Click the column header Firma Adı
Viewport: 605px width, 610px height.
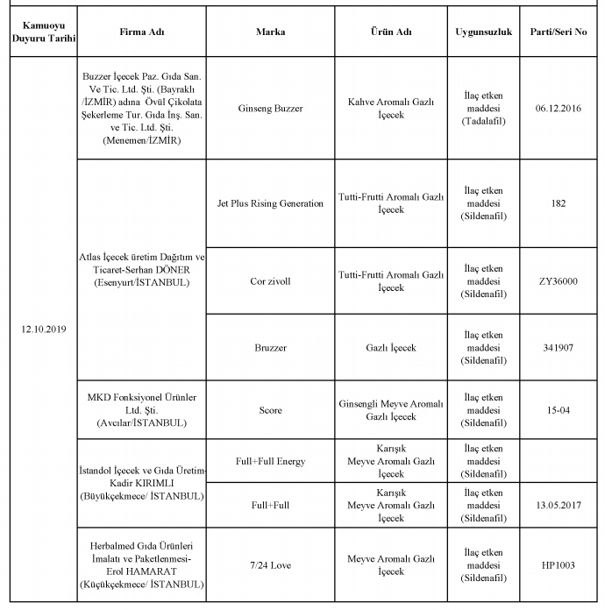(x=141, y=32)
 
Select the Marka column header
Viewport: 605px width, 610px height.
(x=270, y=32)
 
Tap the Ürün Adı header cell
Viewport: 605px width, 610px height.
(x=391, y=32)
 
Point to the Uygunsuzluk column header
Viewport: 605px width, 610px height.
(x=482, y=32)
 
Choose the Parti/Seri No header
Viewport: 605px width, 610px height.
(x=559, y=32)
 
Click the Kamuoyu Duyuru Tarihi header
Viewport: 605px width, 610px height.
(x=43, y=32)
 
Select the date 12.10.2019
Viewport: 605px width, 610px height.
(x=43, y=330)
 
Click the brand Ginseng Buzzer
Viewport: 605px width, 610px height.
(x=270, y=109)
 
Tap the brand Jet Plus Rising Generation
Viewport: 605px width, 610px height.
(x=270, y=203)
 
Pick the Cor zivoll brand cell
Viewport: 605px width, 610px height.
(x=270, y=281)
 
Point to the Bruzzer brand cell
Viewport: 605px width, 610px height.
(x=270, y=348)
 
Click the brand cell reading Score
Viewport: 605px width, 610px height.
(x=270, y=410)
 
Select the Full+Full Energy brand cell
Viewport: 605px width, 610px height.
(x=270, y=461)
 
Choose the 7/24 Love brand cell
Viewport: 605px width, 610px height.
(x=270, y=565)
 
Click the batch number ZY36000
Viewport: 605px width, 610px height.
(x=559, y=281)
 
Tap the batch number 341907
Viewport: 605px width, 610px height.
(x=559, y=348)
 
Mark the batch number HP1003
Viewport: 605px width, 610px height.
(x=559, y=565)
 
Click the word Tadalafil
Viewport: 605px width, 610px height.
(x=482, y=121)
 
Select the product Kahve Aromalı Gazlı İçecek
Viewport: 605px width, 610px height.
(x=391, y=109)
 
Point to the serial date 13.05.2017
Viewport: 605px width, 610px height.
(x=559, y=506)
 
